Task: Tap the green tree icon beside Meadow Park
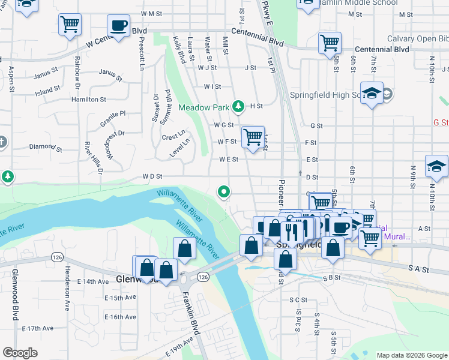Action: pyautogui.click(x=239, y=107)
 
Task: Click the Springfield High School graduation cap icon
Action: pyautogui.click(x=372, y=94)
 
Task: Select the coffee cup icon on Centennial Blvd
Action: pyautogui.click(x=118, y=26)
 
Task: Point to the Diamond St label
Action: pyautogui.click(x=42, y=146)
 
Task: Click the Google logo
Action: pyautogui.click(x=20, y=353)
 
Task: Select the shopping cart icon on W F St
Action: pyautogui.click(x=253, y=136)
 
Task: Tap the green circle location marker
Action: pyautogui.click(x=224, y=192)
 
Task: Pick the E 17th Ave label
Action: pyautogui.click(x=38, y=328)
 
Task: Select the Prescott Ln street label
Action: pyautogui.click(x=142, y=55)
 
